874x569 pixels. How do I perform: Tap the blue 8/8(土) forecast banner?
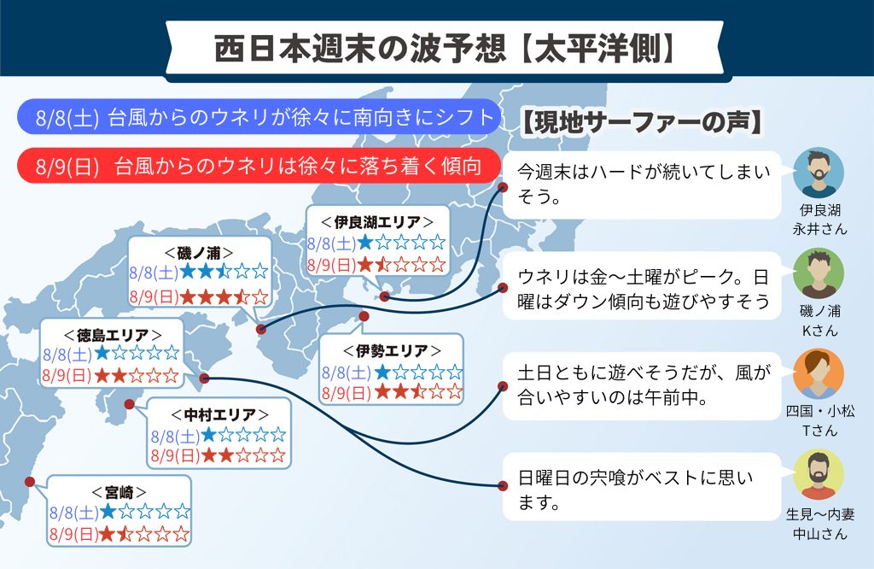(x=259, y=117)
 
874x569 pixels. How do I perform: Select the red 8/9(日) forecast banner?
(x=259, y=166)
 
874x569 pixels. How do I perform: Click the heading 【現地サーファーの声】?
(x=641, y=123)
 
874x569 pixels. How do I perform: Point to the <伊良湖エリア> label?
(x=377, y=222)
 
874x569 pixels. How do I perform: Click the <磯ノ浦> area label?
(x=199, y=253)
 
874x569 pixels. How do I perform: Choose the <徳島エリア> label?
(x=113, y=335)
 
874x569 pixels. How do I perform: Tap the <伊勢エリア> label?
(x=392, y=350)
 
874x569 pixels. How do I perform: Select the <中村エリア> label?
(x=219, y=414)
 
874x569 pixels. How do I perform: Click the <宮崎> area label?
(x=119, y=492)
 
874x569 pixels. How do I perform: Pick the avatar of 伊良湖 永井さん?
(x=819, y=173)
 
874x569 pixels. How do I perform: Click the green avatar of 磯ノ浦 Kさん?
(x=819, y=273)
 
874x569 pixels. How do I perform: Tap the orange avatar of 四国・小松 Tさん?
(x=819, y=373)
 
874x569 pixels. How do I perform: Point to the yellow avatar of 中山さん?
(x=819, y=475)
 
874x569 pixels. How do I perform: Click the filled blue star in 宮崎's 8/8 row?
(x=108, y=511)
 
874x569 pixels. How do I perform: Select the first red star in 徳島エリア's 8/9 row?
(x=102, y=375)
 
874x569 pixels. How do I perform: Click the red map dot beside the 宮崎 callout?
(x=30, y=481)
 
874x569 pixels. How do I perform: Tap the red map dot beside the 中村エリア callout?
(x=130, y=404)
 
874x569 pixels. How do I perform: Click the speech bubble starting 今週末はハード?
(x=642, y=185)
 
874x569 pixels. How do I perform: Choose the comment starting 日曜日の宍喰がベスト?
(x=642, y=487)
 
